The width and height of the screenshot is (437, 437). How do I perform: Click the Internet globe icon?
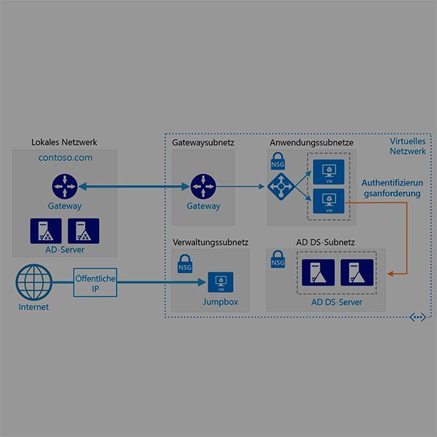(x=33, y=282)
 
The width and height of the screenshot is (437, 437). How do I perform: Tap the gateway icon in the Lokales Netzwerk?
(x=64, y=186)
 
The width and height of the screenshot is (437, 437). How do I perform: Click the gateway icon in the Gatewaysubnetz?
(x=202, y=186)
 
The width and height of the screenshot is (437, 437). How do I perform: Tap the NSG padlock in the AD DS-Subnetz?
(x=277, y=258)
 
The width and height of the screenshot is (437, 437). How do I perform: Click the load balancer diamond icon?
(x=279, y=188)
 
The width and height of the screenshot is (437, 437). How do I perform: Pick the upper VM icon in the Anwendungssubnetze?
(x=328, y=172)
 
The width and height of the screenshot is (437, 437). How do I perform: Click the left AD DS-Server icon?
(x=318, y=274)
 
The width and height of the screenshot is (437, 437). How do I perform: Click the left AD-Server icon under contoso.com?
(x=45, y=231)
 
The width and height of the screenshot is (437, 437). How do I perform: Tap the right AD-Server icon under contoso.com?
(x=82, y=231)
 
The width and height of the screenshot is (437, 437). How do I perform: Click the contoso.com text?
(x=65, y=157)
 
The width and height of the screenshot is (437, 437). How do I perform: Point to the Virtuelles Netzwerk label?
(x=407, y=146)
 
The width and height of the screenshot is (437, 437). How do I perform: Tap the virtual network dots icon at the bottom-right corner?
(x=417, y=318)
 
